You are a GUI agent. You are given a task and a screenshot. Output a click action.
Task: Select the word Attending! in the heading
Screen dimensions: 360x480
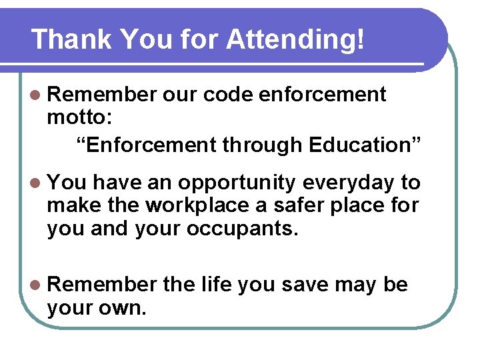295,40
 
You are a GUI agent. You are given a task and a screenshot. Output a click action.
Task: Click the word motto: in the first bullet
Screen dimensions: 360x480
79,119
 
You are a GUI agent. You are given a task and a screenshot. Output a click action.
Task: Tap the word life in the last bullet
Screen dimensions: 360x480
216,285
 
